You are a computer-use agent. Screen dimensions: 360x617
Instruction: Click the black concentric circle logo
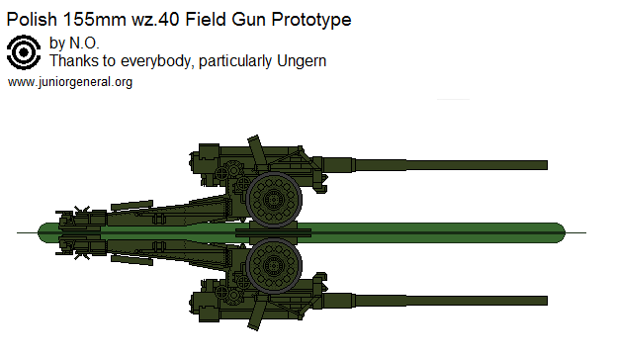tap(24, 53)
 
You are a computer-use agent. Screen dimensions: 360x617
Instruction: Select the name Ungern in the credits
tap(303, 61)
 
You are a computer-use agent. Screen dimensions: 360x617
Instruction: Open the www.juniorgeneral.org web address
tap(69, 82)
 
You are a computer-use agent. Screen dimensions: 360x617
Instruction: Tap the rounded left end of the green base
tap(45, 232)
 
